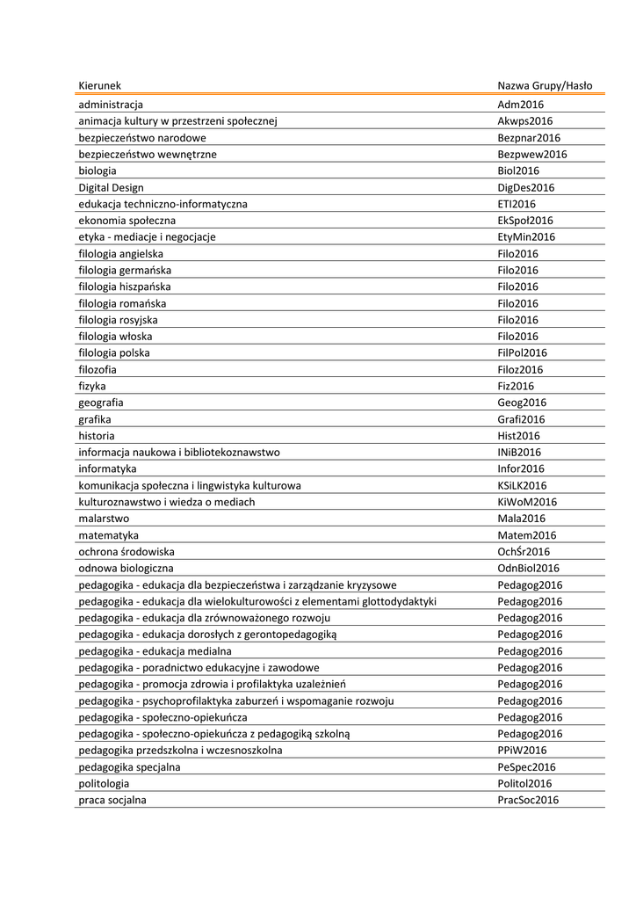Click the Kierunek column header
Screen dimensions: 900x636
click(99, 86)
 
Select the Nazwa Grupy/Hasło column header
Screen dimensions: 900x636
click(545, 86)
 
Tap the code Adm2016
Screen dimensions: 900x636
click(521, 105)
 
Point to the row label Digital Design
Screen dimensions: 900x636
click(111, 187)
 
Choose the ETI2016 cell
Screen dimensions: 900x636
click(517, 204)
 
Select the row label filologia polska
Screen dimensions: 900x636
click(114, 353)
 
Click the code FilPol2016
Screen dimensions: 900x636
click(522, 353)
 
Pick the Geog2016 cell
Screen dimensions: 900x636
click(522, 403)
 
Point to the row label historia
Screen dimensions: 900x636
click(97, 436)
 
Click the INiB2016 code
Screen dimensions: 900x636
click(519, 453)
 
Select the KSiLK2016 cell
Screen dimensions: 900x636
click(522, 485)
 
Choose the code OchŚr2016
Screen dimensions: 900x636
click(524, 552)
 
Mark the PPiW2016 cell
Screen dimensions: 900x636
click(522, 751)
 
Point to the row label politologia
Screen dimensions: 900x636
click(104, 784)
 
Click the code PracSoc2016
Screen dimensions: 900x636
click(528, 801)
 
